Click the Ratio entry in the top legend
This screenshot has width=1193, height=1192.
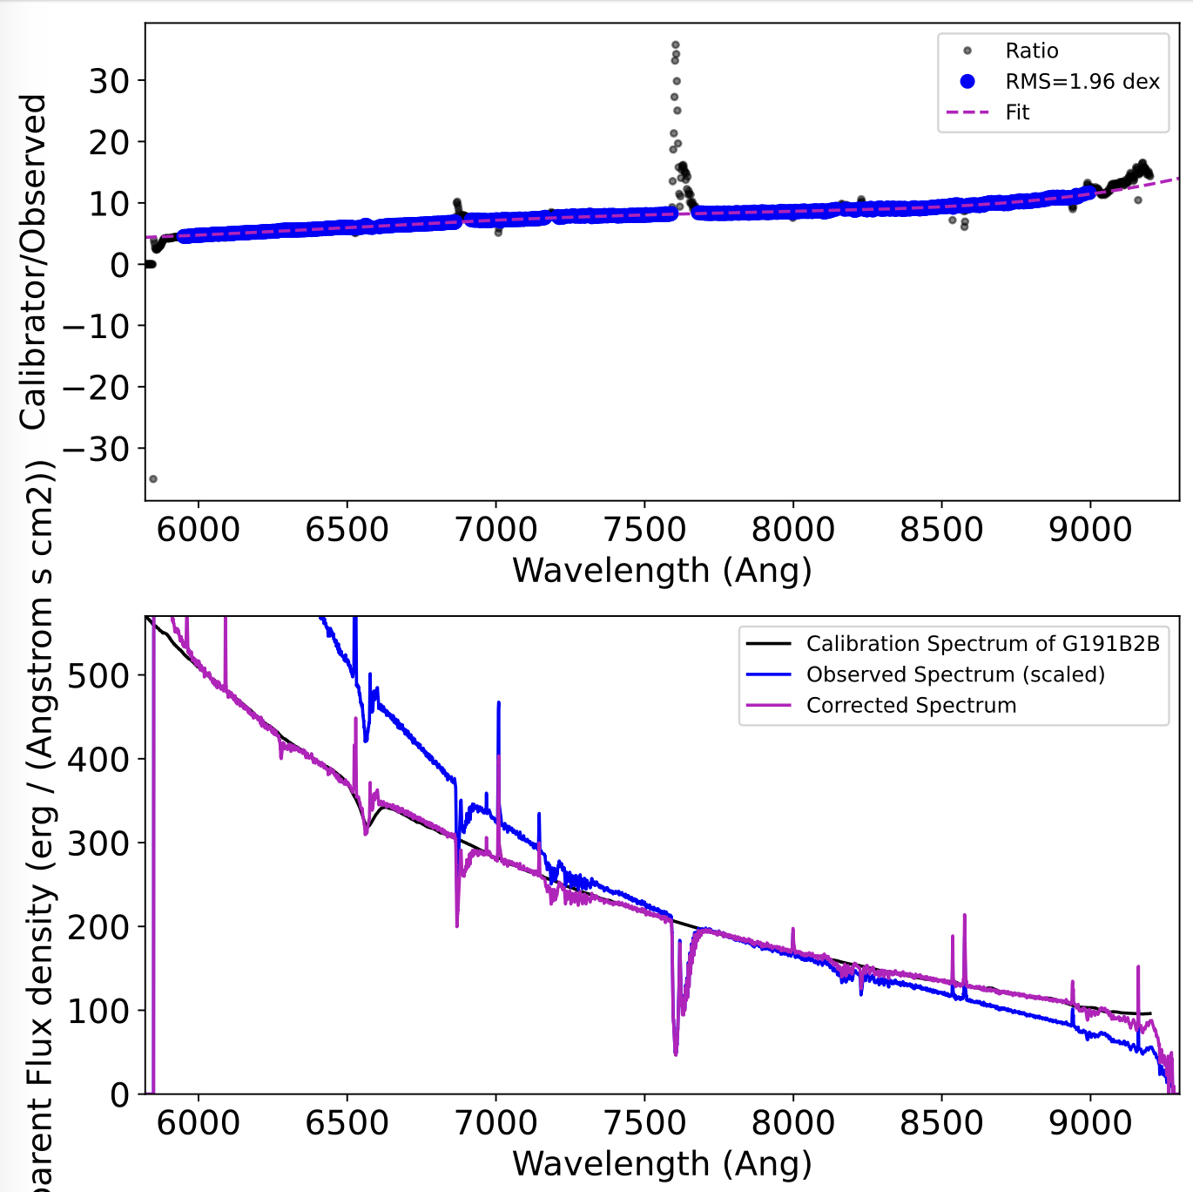pyautogui.click(x=1031, y=51)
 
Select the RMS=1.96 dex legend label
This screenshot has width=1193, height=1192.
pyautogui.click(x=1082, y=82)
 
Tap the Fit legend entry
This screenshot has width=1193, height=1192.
pyautogui.click(x=1017, y=112)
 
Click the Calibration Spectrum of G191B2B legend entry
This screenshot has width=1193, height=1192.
pyautogui.click(x=982, y=644)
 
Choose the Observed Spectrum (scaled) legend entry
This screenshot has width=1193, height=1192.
pyautogui.click(x=955, y=674)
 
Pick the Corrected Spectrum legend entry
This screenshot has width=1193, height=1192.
pyautogui.click(x=911, y=705)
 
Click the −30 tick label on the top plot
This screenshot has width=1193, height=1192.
pyautogui.click(x=98, y=450)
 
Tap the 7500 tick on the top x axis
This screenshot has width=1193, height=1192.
pyautogui.click(x=644, y=529)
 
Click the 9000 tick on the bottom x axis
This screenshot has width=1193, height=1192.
pyautogui.click(x=1090, y=1122)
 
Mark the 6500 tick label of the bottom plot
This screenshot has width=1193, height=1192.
pyautogui.click(x=347, y=1122)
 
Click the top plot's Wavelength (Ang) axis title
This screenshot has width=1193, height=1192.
pyautogui.click(x=662, y=571)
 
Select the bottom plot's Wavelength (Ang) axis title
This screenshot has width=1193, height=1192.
pyautogui.click(x=662, y=1164)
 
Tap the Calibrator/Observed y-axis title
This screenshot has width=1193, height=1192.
pyautogui.click(x=33, y=261)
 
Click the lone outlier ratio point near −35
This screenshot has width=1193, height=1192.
pyautogui.click(x=153, y=479)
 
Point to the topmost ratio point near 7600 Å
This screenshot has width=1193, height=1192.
pyautogui.click(x=675, y=44)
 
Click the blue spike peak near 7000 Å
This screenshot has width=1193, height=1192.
pyautogui.click(x=498, y=702)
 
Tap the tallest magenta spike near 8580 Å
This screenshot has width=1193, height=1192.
pyautogui.click(x=964, y=915)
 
